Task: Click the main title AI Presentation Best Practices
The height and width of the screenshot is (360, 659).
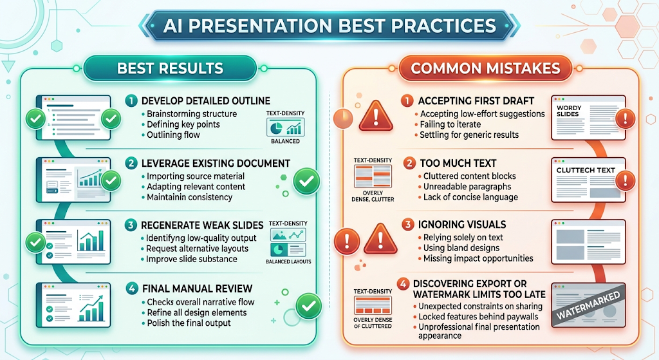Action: point(329,26)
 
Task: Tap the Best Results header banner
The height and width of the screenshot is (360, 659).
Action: point(170,68)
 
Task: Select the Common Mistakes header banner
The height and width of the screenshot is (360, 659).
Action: point(485,68)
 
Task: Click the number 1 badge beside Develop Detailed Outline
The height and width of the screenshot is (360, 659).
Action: point(131,100)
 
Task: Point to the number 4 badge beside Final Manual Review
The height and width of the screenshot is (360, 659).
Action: point(132,289)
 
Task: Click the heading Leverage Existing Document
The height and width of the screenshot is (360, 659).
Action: point(216,163)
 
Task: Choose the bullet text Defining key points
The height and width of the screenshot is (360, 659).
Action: point(183,124)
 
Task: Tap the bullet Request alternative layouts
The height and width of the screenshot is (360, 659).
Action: point(197,249)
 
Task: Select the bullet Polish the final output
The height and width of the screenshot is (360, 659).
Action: point(189,323)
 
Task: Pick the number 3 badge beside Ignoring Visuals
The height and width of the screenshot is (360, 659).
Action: point(407,225)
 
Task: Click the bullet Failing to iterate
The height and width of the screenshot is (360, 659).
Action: point(450,124)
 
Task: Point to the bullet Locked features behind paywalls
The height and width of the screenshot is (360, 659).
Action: point(478,317)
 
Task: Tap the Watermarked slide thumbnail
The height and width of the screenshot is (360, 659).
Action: point(588,305)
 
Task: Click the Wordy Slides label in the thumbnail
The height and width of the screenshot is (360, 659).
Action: point(569,111)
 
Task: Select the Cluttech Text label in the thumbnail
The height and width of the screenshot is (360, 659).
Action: point(586,170)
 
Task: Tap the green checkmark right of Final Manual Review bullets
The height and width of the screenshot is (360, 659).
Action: point(309,306)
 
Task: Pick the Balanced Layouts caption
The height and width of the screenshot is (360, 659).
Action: point(288,261)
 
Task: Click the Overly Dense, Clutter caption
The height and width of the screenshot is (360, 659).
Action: point(373,196)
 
